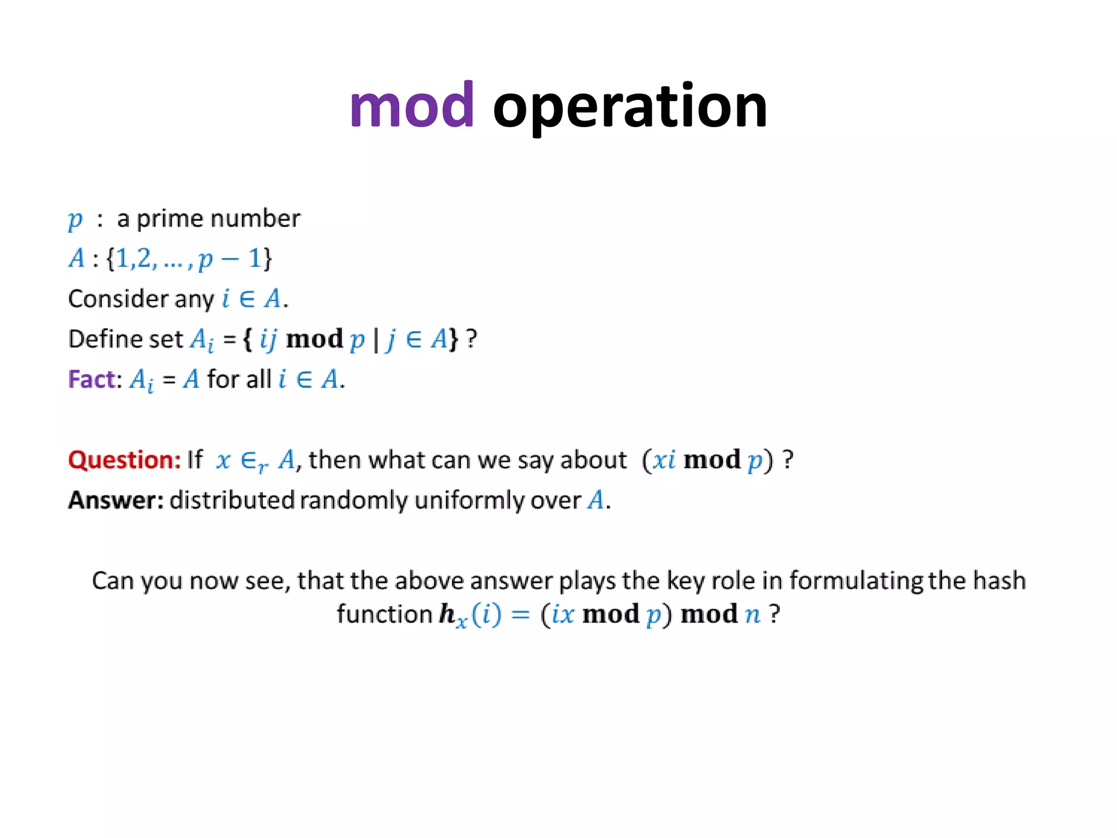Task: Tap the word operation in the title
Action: point(630,107)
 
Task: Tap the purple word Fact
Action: point(92,379)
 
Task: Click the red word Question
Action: point(124,460)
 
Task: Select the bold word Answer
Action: point(115,500)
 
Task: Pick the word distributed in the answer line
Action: point(232,500)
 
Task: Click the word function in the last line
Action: point(384,614)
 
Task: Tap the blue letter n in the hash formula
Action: point(753,615)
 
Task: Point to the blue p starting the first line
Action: point(75,219)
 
